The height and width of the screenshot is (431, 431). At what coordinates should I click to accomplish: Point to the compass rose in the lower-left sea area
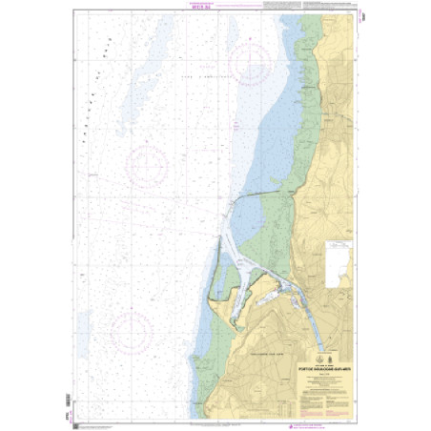click(x=128, y=331)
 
